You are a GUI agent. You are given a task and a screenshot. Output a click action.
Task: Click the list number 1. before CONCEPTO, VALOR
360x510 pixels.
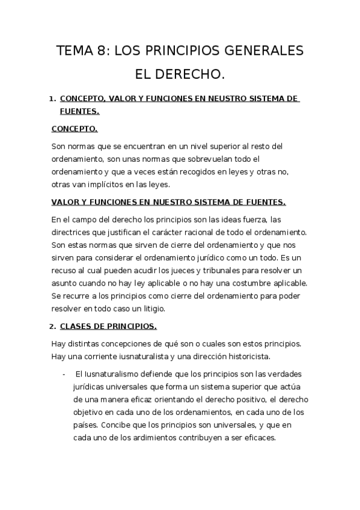tap(53, 98)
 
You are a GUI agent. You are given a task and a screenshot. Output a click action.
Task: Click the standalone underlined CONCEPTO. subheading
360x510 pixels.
tap(75, 129)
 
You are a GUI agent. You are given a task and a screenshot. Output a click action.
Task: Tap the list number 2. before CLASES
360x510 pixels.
tap(53, 327)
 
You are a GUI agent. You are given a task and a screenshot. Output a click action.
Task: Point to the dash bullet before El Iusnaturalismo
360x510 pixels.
tap(64, 373)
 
